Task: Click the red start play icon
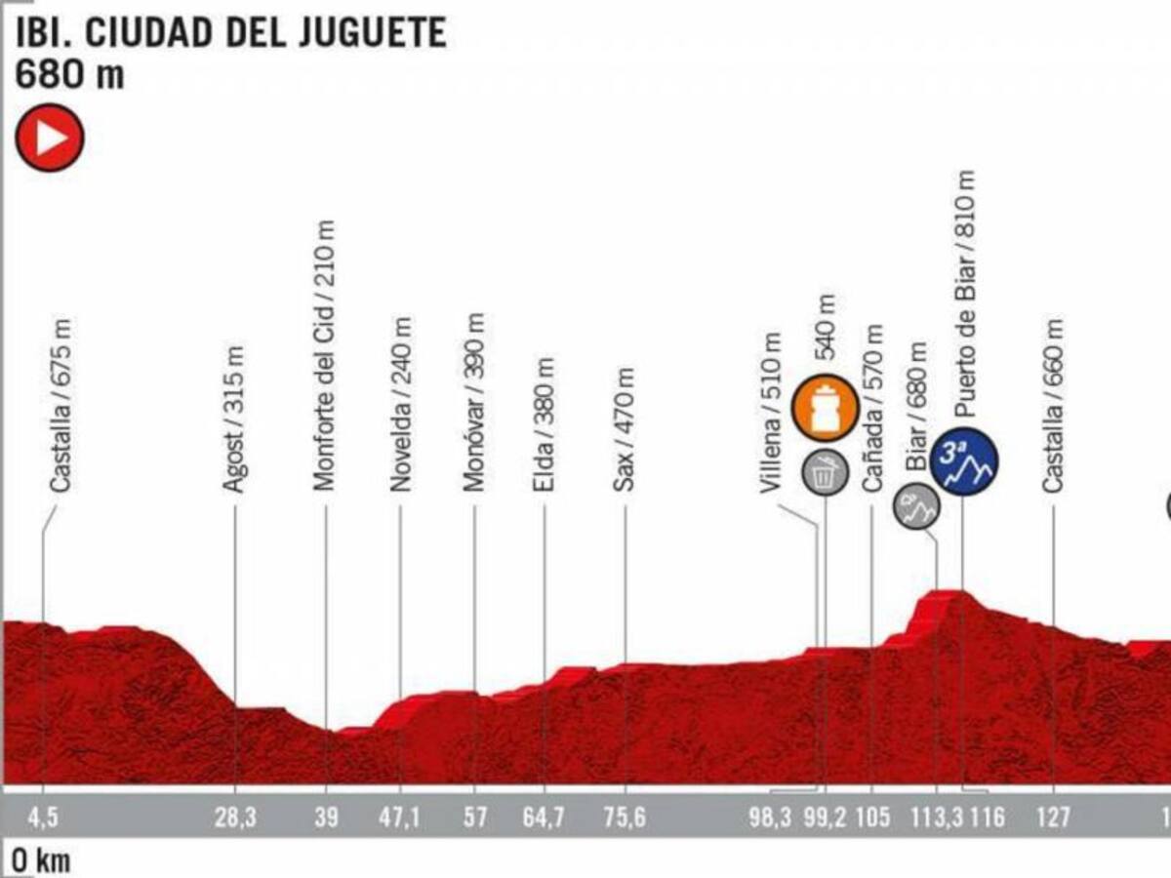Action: pyautogui.click(x=50, y=138)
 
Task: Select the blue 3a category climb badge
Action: pyautogui.click(x=964, y=459)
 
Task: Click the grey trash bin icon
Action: pyautogui.click(x=825, y=474)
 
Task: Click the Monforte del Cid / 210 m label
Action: pyautogui.click(x=326, y=354)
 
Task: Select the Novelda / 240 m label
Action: pyautogui.click(x=401, y=403)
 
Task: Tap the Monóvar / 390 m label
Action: pyautogui.click(x=474, y=402)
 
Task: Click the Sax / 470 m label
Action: pyautogui.click(x=626, y=429)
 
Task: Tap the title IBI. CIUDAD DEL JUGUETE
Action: pyautogui.click(x=230, y=33)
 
